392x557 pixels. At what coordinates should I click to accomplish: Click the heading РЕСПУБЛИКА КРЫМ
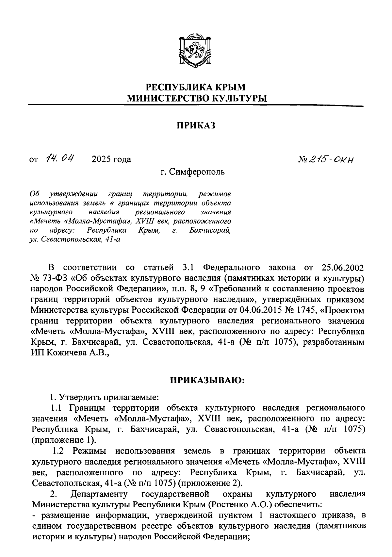[195, 87]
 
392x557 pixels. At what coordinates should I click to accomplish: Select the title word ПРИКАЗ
[196, 125]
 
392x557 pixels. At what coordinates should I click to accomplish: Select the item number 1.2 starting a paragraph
[59, 451]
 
